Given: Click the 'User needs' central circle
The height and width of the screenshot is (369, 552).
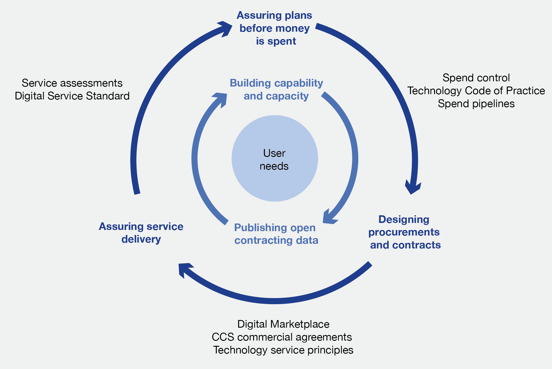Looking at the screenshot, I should click(275, 159).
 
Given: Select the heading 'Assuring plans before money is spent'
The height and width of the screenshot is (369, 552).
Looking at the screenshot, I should click(275, 28).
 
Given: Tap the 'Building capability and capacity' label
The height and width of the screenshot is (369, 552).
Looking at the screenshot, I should click(276, 89).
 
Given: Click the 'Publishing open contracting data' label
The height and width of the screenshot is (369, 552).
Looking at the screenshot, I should click(276, 234).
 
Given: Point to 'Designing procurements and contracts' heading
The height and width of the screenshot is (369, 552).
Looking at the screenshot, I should click(404, 232).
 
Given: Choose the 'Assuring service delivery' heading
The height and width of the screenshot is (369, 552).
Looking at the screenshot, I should click(141, 233).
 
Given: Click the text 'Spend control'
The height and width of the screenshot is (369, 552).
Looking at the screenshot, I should click(476, 78).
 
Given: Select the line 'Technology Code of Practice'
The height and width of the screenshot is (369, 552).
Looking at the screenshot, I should click(476, 91).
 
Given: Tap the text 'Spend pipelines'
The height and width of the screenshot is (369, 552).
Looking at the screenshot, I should click(476, 104).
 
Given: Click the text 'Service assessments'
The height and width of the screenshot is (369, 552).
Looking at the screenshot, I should click(72, 83).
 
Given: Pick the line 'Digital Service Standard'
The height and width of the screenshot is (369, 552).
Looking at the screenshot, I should click(72, 96).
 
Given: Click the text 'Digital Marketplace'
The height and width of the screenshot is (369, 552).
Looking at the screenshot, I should click(283, 324).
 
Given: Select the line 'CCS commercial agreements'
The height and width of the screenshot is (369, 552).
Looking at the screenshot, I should click(282, 337).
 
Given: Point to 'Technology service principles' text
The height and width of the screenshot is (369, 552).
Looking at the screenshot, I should click(283, 350).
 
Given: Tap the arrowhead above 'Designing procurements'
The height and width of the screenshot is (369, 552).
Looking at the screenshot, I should click(413, 187).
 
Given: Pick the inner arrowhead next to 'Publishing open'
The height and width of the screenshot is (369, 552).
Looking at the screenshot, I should click(329, 217).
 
